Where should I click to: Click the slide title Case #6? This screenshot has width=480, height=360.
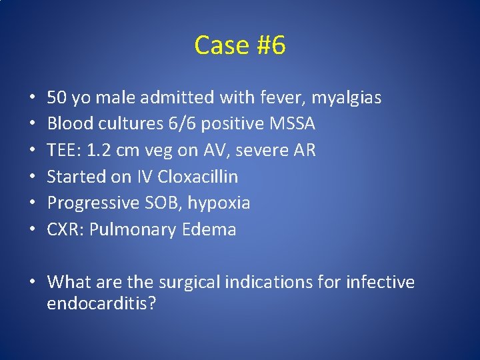240,45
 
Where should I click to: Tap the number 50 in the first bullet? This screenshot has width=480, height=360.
57,98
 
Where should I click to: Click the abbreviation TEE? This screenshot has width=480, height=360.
61,151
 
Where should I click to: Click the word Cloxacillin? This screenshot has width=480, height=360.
198,177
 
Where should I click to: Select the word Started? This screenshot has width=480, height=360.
75,177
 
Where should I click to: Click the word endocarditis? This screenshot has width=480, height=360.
102,304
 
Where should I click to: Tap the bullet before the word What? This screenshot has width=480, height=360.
33,283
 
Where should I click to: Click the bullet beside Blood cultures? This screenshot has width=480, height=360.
33,125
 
